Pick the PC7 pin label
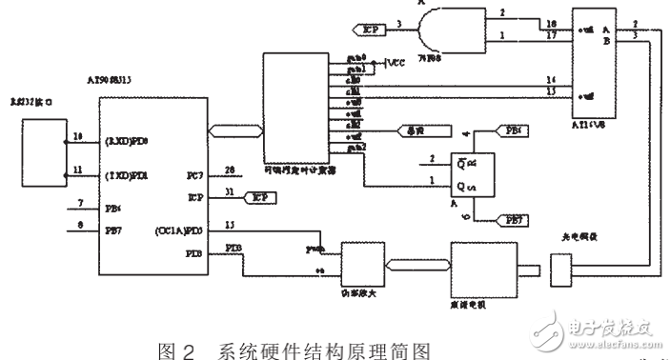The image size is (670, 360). pyautogui.click(x=193, y=175)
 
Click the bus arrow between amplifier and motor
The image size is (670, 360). pyautogui.click(x=416, y=266)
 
